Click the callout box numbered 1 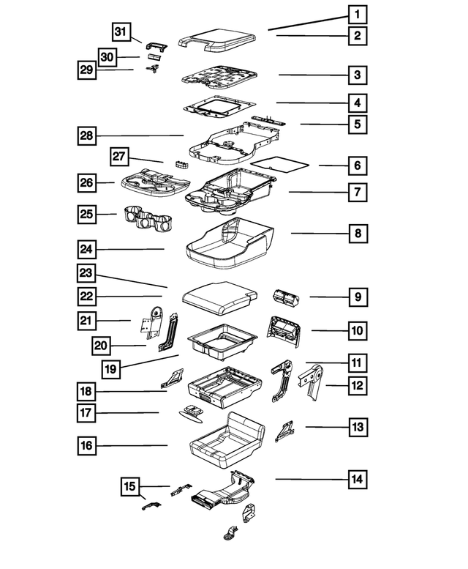[x=357, y=15]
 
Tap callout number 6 [x=357, y=166]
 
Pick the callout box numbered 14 [x=357, y=480]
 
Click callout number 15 [x=130, y=486]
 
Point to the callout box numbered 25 [x=88, y=215]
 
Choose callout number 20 [x=102, y=346]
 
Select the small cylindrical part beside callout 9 [x=285, y=296]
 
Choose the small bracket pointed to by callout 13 [x=284, y=431]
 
